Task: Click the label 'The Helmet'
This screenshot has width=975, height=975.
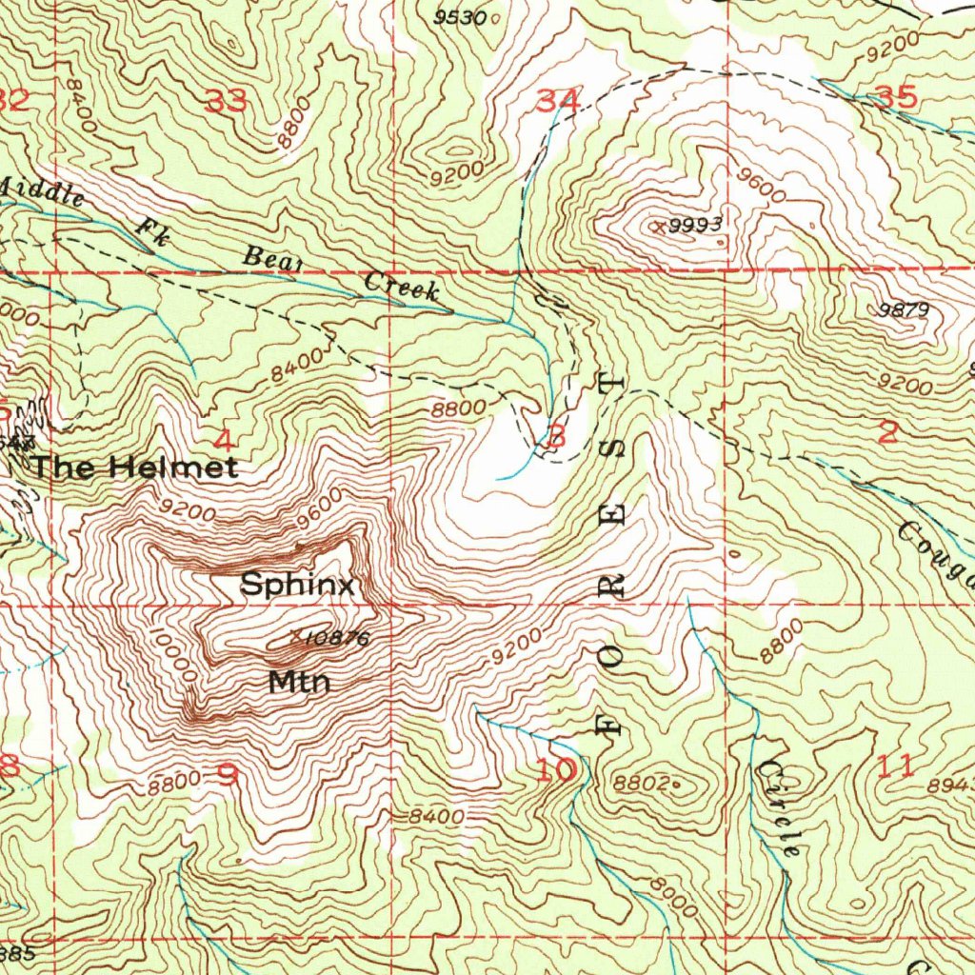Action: pyautogui.click(x=134, y=468)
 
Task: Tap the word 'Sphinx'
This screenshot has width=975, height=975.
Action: pyautogui.click(x=297, y=585)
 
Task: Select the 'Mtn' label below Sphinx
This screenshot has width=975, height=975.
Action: pyautogui.click(x=299, y=682)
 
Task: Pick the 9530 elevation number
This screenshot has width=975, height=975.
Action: pyautogui.click(x=460, y=17)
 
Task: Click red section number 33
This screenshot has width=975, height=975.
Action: pyautogui.click(x=227, y=101)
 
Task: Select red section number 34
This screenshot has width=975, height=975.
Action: pyautogui.click(x=557, y=99)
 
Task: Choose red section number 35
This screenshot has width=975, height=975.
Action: pyautogui.click(x=895, y=96)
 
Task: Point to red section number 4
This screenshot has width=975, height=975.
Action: pyautogui.click(x=224, y=441)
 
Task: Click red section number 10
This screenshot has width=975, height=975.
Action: pyautogui.click(x=556, y=769)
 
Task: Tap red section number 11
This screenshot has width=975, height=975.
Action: pyautogui.click(x=896, y=765)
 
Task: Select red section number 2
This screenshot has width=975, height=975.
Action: pyautogui.click(x=887, y=433)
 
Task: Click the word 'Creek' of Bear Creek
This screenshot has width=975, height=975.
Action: pyautogui.click(x=402, y=287)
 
